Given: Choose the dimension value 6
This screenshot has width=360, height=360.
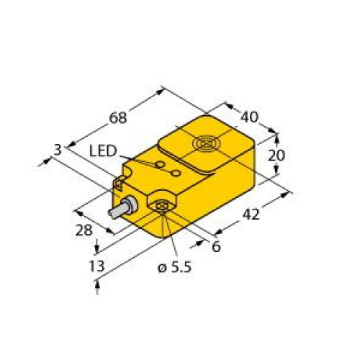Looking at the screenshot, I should click(215, 247).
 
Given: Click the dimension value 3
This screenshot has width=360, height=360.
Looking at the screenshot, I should click(58, 149).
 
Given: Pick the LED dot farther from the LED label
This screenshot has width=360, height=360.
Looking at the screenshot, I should click(175, 173).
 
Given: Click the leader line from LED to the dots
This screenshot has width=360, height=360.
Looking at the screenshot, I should click(137, 159).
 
